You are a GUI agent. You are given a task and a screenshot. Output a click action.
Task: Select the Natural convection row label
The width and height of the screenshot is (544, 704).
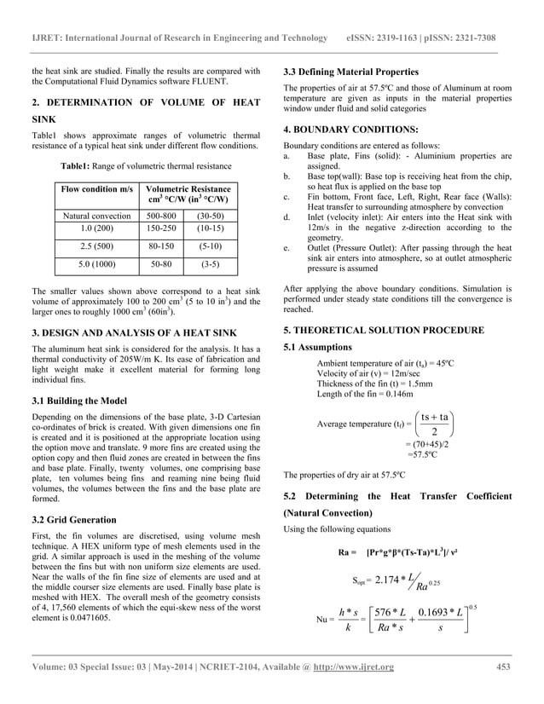point(95,216)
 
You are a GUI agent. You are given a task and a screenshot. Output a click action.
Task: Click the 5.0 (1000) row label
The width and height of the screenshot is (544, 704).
point(95,265)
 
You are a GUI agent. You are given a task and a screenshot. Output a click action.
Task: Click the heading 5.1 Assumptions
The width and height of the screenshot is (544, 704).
point(317,347)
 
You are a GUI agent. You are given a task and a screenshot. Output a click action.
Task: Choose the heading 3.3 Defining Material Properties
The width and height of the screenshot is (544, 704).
point(350,71)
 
